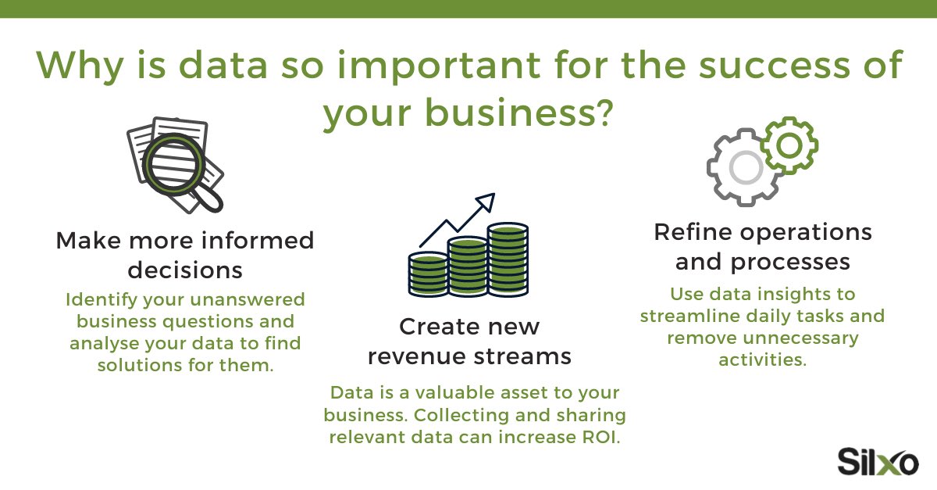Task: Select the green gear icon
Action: (789, 145)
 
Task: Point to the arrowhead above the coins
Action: (486, 202)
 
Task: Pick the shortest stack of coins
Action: (428, 273)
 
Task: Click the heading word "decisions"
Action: (185, 270)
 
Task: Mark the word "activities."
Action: (762, 360)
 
